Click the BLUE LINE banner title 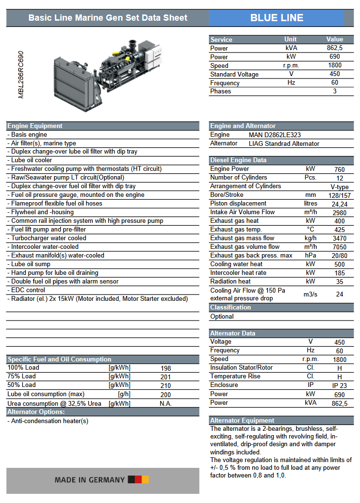point(277,18)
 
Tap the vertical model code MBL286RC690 point(21,75)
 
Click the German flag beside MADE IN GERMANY point(139,479)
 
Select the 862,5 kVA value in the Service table point(334,48)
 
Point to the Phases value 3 point(334,91)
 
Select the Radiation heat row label point(231,281)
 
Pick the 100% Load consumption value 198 point(166,368)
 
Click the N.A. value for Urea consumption point(166,403)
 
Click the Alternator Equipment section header point(242,420)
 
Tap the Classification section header point(231,307)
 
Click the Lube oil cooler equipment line point(30,160)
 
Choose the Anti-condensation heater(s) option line point(48,421)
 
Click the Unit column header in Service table point(291,39)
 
